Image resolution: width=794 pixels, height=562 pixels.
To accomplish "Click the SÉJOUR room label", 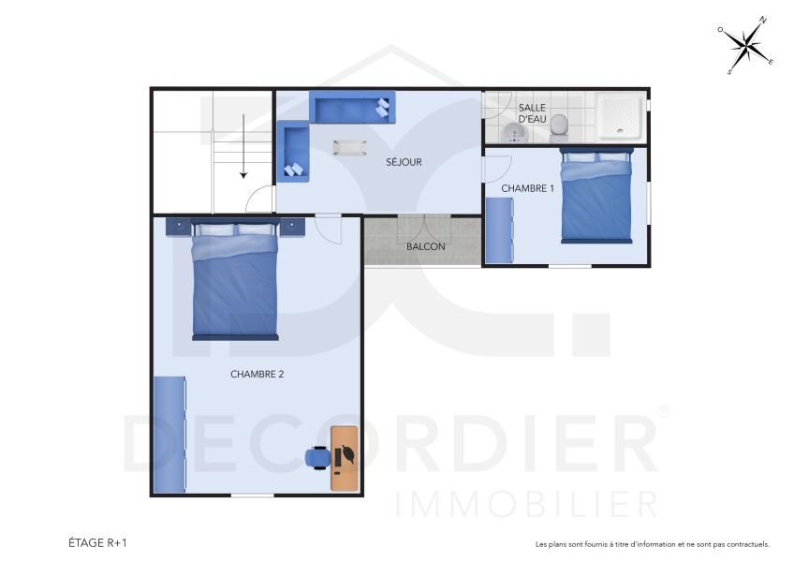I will [x=404, y=162].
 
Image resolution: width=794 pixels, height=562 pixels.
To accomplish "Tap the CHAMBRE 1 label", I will [x=527, y=188].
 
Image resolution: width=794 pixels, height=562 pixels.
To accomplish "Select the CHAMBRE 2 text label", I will [x=257, y=374].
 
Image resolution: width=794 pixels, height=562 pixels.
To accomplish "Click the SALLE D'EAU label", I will [x=532, y=114].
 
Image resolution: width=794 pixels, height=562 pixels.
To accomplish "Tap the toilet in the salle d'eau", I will [x=559, y=125].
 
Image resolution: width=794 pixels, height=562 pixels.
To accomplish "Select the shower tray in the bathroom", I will [x=620, y=115].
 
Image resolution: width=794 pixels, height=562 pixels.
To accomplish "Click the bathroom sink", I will [x=514, y=133].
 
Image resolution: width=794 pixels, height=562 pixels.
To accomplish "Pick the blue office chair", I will [x=317, y=456].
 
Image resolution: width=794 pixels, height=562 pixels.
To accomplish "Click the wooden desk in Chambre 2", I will [x=345, y=457].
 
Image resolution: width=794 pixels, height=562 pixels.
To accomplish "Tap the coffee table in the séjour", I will [x=350, y=147].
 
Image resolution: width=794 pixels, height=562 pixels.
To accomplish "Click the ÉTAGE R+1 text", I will [x=97, y=542].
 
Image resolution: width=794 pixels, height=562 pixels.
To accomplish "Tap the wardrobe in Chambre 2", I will [x=169, y=434].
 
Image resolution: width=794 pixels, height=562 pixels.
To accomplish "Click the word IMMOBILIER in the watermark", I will [x=527, y=504].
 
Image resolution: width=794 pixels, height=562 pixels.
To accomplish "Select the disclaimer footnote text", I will [x=652, y=543].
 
